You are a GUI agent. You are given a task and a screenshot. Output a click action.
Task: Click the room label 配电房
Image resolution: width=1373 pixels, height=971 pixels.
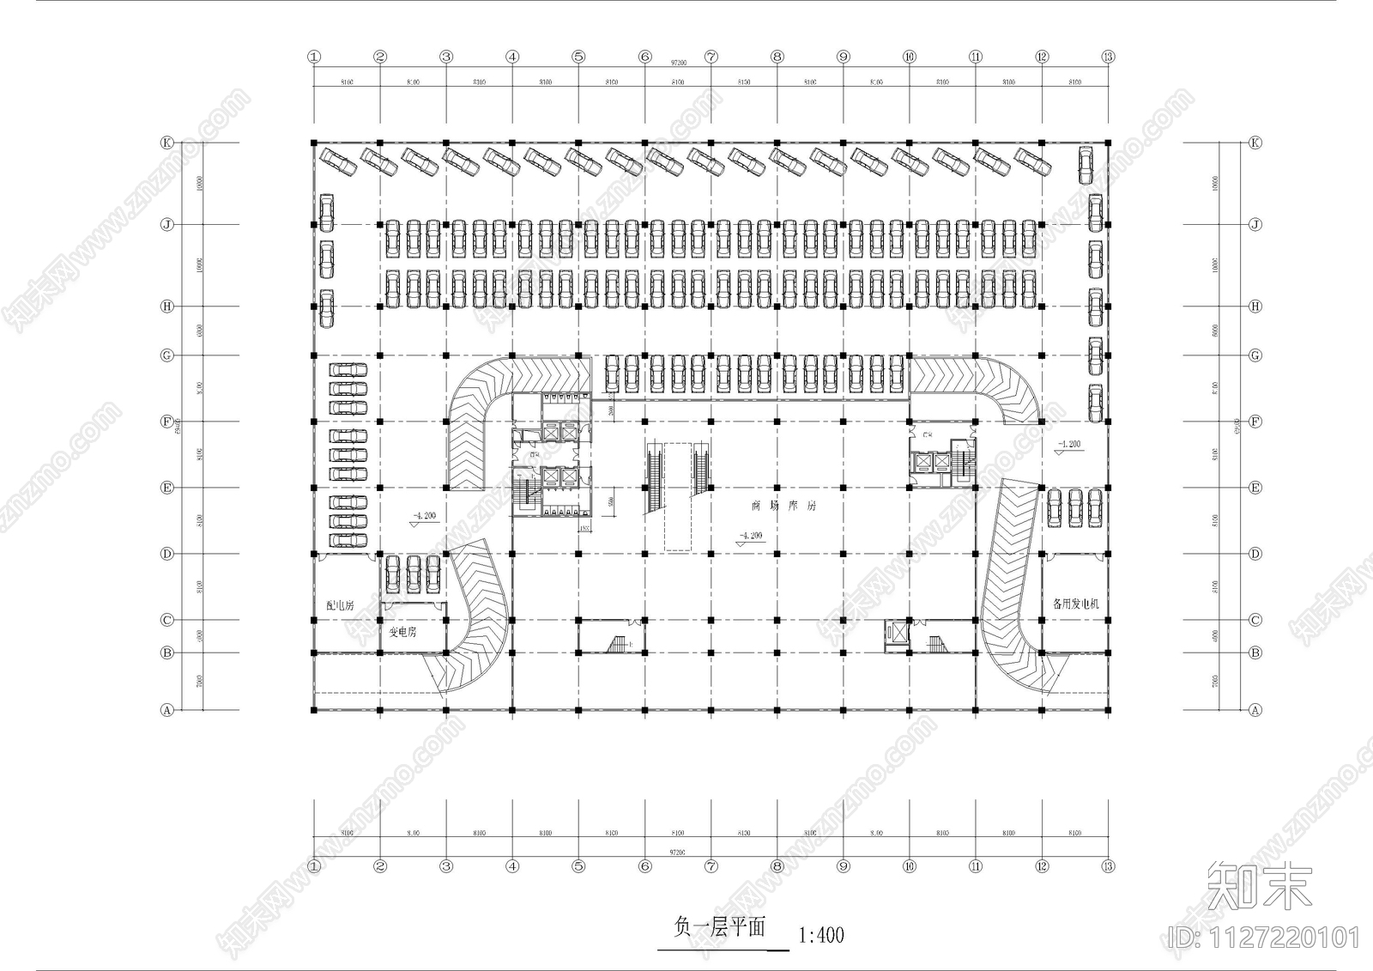coord(340,605)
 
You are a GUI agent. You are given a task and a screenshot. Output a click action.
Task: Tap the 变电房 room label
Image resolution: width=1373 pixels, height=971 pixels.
coord(402,632)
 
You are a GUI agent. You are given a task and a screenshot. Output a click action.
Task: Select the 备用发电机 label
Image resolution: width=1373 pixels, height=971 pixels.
coord(1075,604)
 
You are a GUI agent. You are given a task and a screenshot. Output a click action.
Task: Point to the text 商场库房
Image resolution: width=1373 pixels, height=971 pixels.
coord(783,506)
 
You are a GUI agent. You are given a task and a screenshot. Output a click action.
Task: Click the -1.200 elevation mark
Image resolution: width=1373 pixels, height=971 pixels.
coord(1069,445)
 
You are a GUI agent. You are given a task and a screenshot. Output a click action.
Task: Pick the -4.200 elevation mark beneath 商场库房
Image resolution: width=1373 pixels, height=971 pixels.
coord(750,536)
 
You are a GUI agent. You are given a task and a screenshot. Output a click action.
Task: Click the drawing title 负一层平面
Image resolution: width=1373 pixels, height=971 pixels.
coord(719,928)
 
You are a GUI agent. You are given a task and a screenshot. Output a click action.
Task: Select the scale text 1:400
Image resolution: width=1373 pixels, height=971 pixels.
coord(821,934)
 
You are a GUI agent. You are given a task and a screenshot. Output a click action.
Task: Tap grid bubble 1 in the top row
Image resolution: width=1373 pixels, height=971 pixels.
coord(314,57)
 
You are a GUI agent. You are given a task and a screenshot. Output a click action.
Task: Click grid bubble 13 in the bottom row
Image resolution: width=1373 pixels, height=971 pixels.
coord(1108,866)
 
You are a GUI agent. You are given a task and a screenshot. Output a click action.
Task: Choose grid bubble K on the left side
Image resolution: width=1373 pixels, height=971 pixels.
coord(167,143)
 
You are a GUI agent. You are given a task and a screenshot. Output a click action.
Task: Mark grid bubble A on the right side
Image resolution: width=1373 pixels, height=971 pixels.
coord(1255,710)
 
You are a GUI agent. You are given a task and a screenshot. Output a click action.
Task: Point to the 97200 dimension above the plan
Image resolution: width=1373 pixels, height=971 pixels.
coord(677,63)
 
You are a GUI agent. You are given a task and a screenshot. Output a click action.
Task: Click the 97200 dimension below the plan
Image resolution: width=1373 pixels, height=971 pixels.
coord(677,852)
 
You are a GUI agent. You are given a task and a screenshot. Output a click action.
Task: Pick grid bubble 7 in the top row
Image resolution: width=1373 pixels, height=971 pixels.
coord(711,57)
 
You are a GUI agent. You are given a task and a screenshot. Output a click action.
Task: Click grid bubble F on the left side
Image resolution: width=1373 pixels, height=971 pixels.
coord(167,422)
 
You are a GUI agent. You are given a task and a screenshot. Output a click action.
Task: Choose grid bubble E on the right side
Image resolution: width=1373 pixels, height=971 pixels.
coord(1255,488)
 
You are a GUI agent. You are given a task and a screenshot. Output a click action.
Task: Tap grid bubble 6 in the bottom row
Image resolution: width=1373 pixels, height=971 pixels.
coord(645,866)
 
